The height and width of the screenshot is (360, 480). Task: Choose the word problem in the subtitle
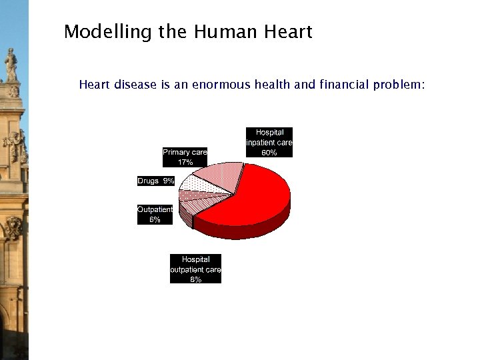pos(397,85)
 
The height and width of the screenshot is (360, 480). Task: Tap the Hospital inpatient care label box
pos(269,143)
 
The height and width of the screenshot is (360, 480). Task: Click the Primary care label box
pos(185,157)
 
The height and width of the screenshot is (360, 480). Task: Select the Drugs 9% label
pos(156,181)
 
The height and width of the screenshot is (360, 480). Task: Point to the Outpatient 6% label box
pos(155,214)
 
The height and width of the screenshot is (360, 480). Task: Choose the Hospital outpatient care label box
pos(195,269)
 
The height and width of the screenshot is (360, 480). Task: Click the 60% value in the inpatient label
pos(269,153)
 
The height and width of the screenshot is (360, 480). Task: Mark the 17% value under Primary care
pos(185,162)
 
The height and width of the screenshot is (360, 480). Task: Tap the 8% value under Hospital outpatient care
pos(195,279)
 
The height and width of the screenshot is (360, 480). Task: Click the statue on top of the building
pos(11,65)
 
